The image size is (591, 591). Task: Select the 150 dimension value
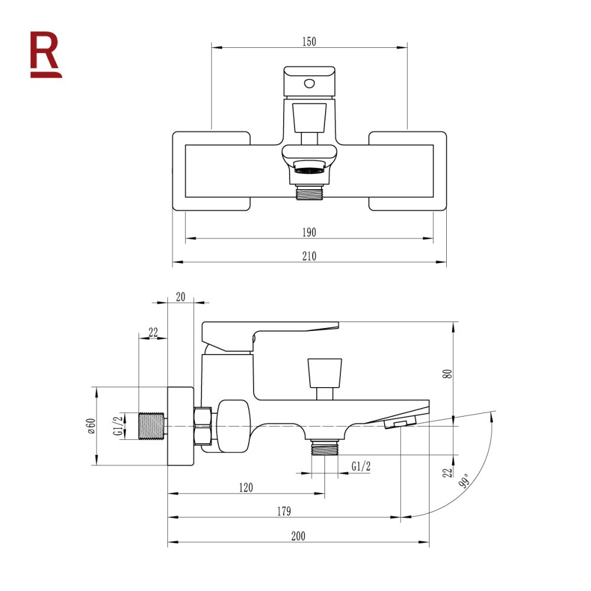(309, 41)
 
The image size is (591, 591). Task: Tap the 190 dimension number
(309, 232)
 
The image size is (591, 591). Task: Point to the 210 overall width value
(309, 256)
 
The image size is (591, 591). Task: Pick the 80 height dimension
(448, 373)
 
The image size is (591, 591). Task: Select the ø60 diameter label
(90, 426)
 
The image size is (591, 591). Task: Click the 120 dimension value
(246, 488)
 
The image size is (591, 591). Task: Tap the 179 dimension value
(284, 511)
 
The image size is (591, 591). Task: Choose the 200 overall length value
(298, 536)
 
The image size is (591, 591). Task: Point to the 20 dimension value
(181, 297)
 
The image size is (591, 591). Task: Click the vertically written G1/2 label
(118, 426)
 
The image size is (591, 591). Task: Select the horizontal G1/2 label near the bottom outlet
(361, 466)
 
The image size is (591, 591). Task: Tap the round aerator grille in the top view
(309, 170)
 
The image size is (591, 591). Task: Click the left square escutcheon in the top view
(212, 171)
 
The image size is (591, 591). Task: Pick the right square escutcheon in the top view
(408, 171)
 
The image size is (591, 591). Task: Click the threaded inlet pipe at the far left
(152, 426)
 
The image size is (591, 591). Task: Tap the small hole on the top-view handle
(309, 82)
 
